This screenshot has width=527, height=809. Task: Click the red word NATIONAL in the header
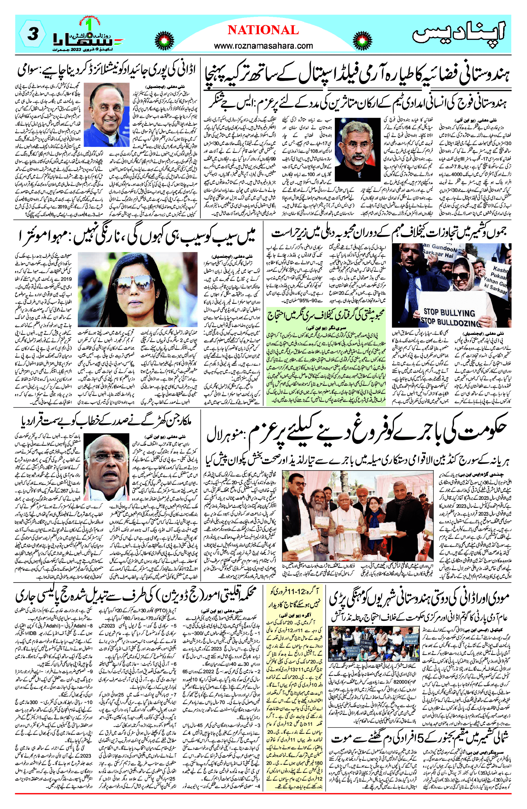coord(263,30)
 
